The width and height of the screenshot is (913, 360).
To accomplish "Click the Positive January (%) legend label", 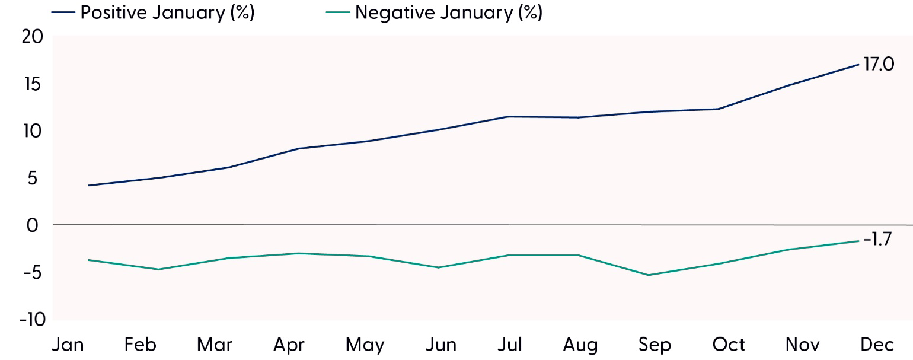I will [x=167, y=13].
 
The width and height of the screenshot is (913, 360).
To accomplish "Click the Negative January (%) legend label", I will [x=449, y=13].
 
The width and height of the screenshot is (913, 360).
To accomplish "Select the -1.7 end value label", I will [x=877, y=241].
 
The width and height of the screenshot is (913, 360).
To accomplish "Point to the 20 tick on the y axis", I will [x=33, y=37].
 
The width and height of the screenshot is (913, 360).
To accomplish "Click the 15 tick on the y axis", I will [x=33, y=84].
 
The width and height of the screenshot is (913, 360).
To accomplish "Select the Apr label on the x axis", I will [x=289, y=345].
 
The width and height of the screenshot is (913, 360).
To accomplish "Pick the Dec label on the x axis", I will [x=874, y=345].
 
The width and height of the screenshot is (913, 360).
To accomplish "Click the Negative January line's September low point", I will [x=649, y=275].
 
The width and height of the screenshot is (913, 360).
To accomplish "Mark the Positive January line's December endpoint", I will [x=858, y=64].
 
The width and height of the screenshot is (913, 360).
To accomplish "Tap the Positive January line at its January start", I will [x=88, y=186].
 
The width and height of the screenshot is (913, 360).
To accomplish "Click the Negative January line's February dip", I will [x=158, y=270].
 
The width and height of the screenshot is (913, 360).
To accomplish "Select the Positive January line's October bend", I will [x=719, y=109].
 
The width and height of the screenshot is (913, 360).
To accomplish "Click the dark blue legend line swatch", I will [x=66, y=14].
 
